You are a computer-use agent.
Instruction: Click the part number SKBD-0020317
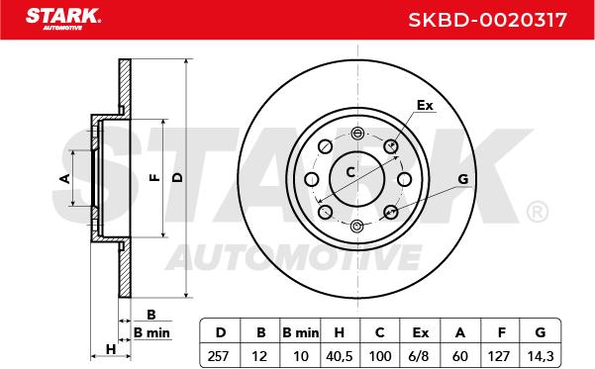pyautogui.click(x=487, y=20)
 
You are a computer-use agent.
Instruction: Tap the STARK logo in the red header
pyautogui.click(x=63, y=19)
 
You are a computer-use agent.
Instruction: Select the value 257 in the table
pyautogui.click(x=218, y=356)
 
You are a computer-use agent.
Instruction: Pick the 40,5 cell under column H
pyautogui.click(x=340, y=356)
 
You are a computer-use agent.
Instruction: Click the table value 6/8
pyautogui.click(x=420, y=356)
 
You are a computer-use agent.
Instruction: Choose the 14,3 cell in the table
pyautogui.click(x=541, y=356)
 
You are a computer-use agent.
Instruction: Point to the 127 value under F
pyautogui.click(x=499, y=356)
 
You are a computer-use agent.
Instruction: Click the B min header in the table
pyautogui.click(x=301, y=332)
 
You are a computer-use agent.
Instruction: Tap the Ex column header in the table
pyautogui.click(x=421, y=332)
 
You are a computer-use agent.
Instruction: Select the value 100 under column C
pyautogui.click(x=380, y=356)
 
